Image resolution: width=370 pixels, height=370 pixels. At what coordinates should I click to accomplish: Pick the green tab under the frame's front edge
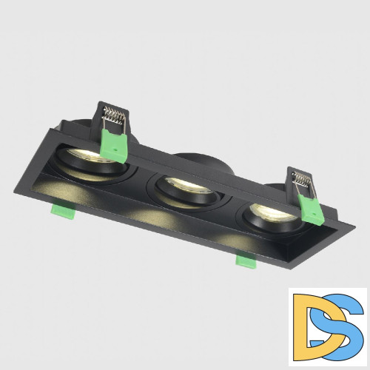point(246,260)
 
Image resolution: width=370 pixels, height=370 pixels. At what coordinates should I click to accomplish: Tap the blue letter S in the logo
point(341,326)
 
